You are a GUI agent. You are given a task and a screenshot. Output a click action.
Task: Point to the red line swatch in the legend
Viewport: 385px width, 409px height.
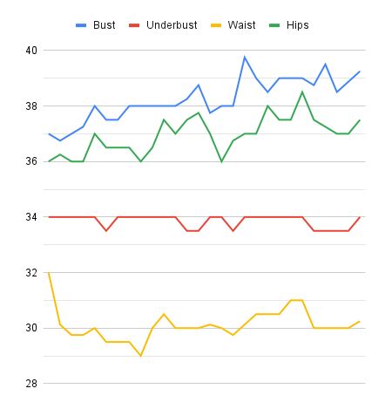pyautogui.click(x=136, y=26)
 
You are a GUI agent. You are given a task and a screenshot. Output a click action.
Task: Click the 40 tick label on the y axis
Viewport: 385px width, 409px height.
pyautogui.click(x=30, y=51)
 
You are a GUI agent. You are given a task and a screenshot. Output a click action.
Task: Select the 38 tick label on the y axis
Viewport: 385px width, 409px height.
pyautogui.click(x=30, y=106)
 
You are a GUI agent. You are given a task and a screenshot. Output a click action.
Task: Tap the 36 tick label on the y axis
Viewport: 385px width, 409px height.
pyautogui.click(x=30, y=162)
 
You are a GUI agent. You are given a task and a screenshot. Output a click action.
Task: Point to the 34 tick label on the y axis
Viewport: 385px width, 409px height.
pyautogui.click(x=30, y=217)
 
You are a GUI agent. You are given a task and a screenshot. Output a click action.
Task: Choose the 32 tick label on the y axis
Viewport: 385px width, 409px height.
pyautogui.click(x=30, y=273)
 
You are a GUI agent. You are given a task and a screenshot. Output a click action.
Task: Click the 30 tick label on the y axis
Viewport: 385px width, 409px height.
pyautogui.click(x=30, y=329)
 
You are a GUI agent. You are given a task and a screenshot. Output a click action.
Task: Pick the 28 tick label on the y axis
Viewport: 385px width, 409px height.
pyautogui.click(x=30, y=384)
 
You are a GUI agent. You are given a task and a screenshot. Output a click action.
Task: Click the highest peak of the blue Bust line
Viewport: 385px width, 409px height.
pyautogui.click(x=245, y=58)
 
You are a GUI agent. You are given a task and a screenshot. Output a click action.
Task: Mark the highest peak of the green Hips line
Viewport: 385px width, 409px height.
pyautogui.click(x=302, y=92)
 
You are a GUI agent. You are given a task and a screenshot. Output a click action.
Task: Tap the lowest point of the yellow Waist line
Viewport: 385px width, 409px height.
pyautogui.click(x=140, y=356)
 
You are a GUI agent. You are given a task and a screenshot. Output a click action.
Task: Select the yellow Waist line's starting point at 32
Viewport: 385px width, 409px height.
pyautogui.click(x=49, y=273)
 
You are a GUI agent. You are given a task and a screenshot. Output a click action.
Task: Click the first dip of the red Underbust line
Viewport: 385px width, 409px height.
pyautogui.click(x=106, y=231)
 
